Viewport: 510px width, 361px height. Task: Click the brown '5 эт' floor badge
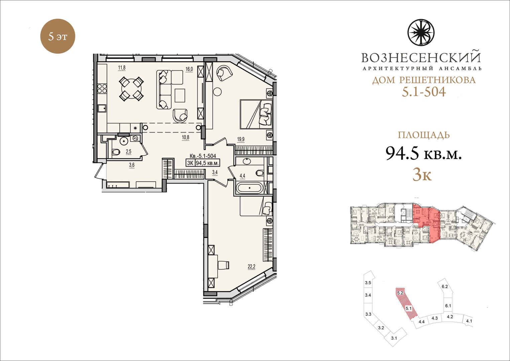pos(57,36)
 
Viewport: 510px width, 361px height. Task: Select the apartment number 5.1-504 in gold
pos(424,92)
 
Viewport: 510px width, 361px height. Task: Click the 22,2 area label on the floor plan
pos(252,267)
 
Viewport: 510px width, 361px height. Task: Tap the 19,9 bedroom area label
pos(241,139)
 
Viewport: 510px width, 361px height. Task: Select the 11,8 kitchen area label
pos(122,68)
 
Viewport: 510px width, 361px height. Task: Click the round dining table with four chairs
pos(131,89)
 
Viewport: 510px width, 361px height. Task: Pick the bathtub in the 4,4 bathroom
pos(250,188)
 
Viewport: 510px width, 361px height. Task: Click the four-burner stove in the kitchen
pos(102,88)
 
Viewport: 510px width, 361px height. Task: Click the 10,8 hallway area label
pos(185,138)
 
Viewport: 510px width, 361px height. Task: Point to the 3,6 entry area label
pos(132,165)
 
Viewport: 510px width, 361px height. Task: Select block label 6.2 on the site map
pos(444,286)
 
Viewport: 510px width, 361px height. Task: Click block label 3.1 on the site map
pos(394,345)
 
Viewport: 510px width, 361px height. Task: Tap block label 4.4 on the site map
pos(422,322)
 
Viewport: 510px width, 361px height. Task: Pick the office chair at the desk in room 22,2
pos(223,265)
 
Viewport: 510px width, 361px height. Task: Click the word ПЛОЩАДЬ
pos(424,135)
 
